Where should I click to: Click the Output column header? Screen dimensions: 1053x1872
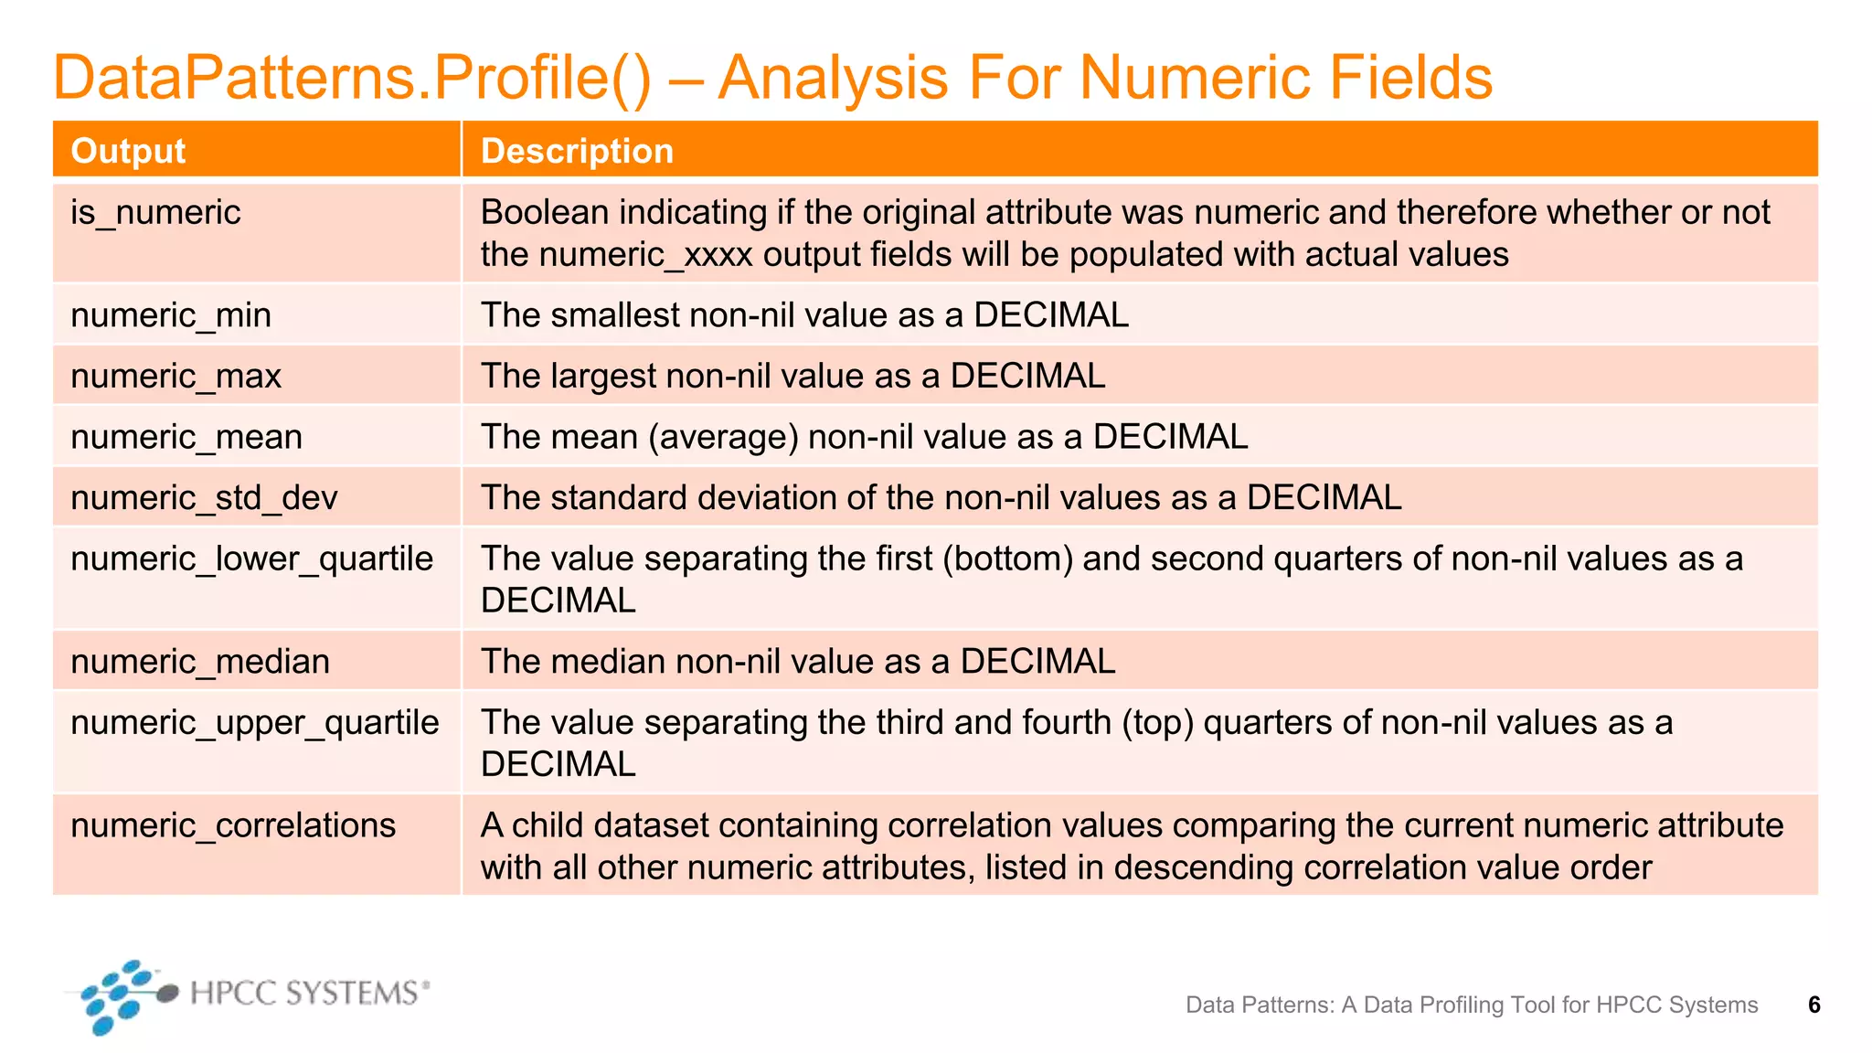coord(128,151)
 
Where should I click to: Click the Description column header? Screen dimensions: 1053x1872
coord(577,151)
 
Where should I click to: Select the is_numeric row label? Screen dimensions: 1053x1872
coord(155,213)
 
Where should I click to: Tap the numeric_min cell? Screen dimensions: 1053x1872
coord(171,315)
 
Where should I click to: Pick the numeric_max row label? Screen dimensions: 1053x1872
coord(175,377)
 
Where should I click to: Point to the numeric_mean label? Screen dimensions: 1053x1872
coord(186,437)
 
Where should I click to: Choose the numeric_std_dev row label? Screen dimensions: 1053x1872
coord(204,498)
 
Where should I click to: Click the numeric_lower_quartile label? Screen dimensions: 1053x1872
coord(251,558)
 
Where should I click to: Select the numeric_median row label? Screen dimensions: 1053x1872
coord(200,662)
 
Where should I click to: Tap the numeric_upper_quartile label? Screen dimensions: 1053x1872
coord(255,723)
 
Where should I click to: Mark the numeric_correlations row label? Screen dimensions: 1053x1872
coord(233,825)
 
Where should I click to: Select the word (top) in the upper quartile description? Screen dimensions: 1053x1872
coord(1148,723)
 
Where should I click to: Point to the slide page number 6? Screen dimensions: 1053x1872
coord(1814,1005)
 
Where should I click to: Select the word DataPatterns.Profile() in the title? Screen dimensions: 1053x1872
coord(352,79)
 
